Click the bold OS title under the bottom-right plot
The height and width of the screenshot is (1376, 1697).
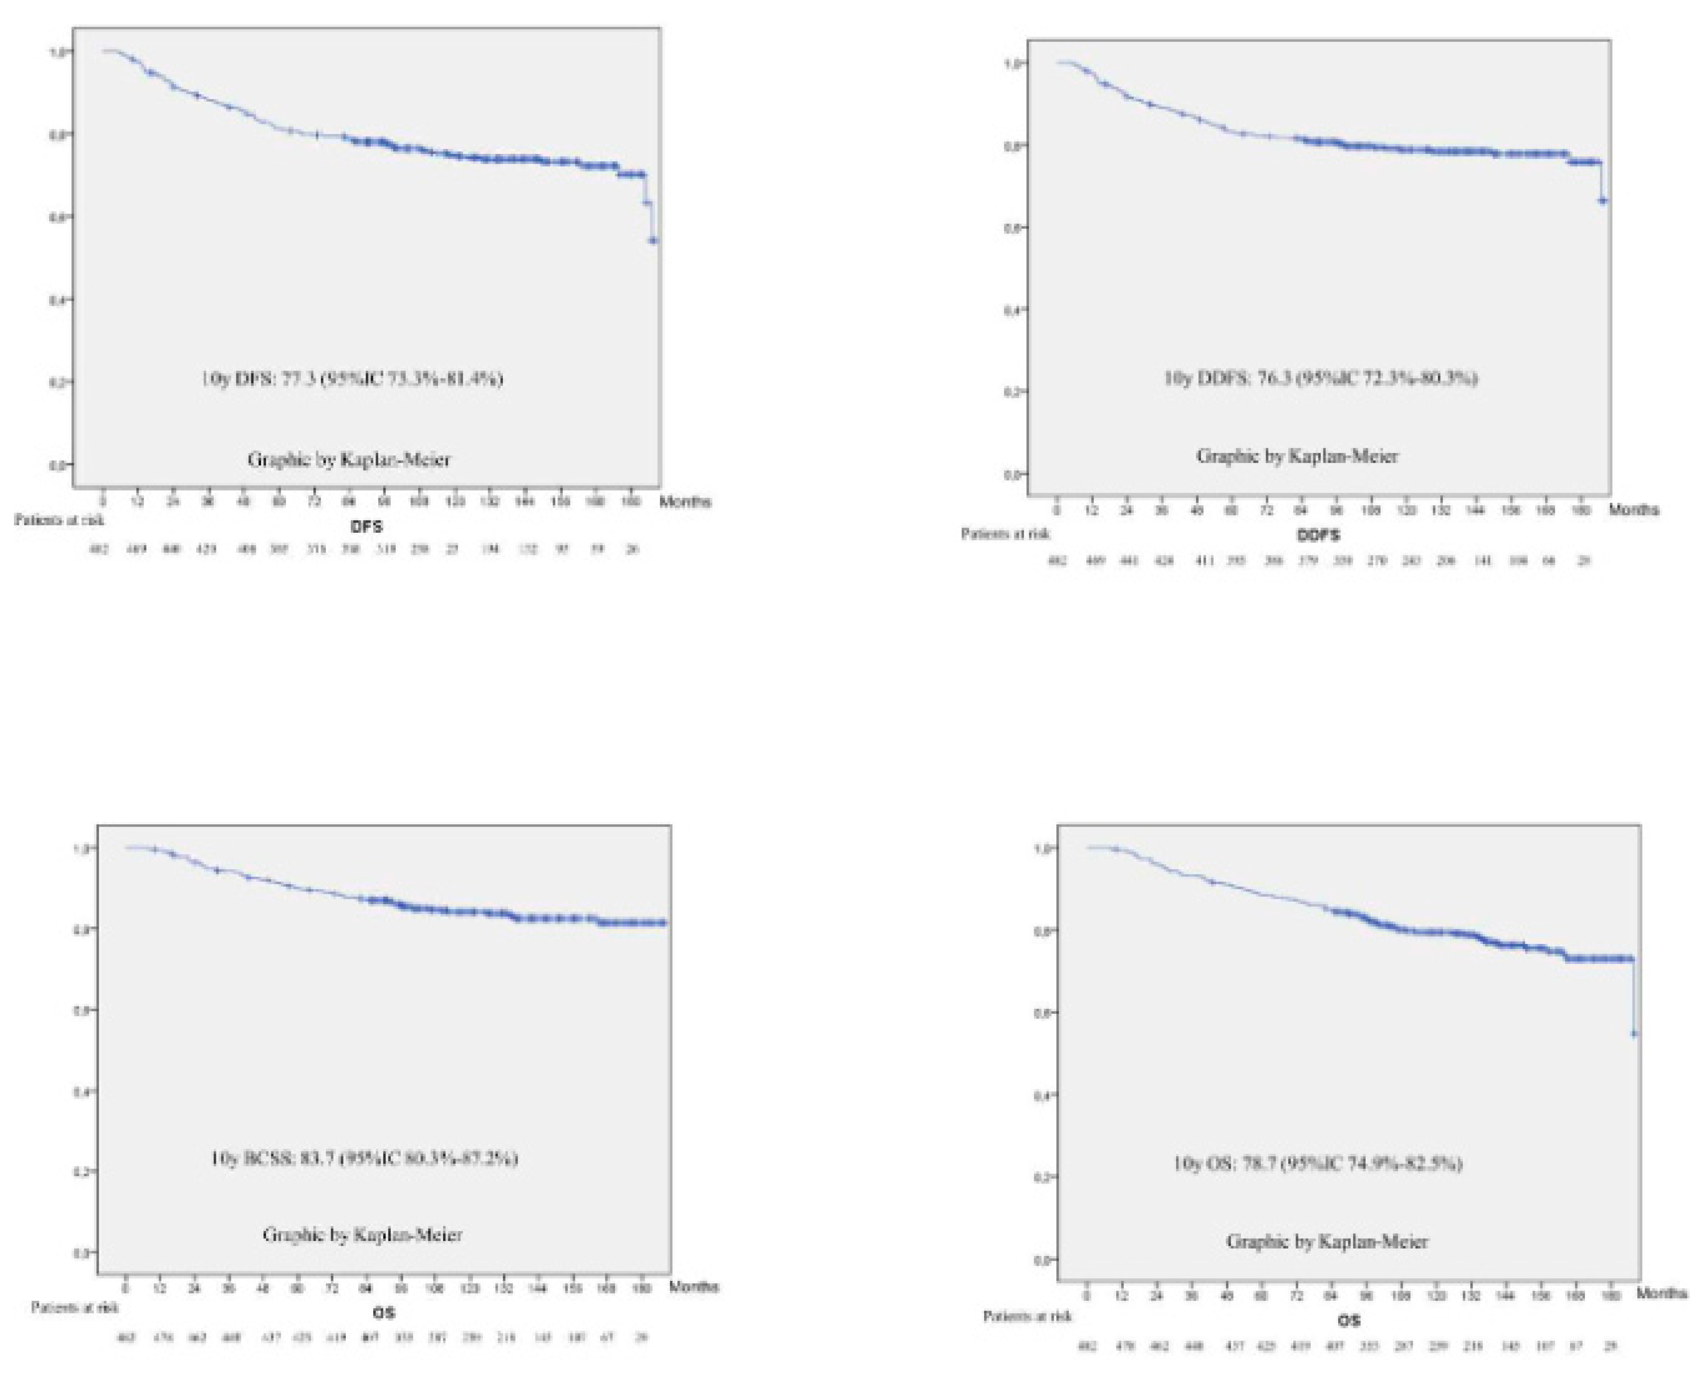pyautogui.click(x=1349, y=1320)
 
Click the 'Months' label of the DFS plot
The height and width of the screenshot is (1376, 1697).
pyautogui.click(x=685, y=501)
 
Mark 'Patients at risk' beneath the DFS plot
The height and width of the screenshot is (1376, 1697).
pyautogui.click(x=59, y=520)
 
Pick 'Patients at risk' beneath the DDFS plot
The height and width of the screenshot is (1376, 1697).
pyautogui.click(x=1005, y=534)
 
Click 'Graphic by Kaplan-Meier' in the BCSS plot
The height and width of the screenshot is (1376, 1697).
pyautogui.click(x=362, y=1234)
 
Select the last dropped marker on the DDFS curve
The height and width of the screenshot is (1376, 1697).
pyautogui.click(x=1603, y=201)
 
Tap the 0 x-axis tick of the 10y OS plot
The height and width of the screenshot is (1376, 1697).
pyautogui.click(x=1087, y=1295)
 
